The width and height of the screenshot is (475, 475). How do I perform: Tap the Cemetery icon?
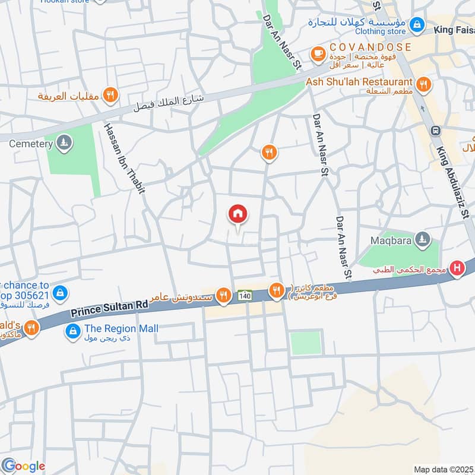point(65,142)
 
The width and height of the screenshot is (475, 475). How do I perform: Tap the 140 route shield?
point(245,295)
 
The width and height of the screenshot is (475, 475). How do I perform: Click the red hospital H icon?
point(457,269)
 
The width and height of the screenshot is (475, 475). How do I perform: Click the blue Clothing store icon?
point(417,24)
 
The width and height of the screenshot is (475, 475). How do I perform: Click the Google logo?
point(24,466)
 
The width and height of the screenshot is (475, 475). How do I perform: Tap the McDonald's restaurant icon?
point(31,327)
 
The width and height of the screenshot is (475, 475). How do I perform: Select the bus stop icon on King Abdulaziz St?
point(436,131)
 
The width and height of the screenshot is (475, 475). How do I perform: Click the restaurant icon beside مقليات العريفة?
point(110,94)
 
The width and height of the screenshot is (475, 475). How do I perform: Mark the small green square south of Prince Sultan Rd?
point(305,343)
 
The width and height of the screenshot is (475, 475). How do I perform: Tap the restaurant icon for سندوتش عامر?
point(223,295)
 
